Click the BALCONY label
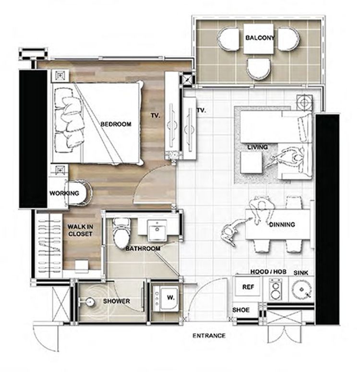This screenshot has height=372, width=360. point(260,37)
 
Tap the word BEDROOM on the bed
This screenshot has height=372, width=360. point(116,124)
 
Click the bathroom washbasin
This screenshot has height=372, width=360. point(157,230)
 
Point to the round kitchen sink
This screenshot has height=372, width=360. point(301,289)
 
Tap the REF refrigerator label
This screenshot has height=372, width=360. point(248,287)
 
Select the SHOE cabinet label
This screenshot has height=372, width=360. point(241,310)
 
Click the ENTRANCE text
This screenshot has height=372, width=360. point(209,336)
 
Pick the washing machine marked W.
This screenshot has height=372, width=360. point(166,298)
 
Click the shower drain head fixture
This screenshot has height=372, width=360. point(89,302)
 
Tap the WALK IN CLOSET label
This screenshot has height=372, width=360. point(80,230)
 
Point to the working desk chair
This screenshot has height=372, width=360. point(79,192)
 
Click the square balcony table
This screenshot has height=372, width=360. point(259,39)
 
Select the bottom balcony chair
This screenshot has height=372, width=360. point(258,69)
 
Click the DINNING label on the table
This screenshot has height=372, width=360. point(282,224)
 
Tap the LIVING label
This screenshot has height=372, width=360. point(257,147)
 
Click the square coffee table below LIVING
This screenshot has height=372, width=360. point(252,163)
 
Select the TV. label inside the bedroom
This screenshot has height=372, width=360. point(156,116)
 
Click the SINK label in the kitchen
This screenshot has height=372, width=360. point(300,273)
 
